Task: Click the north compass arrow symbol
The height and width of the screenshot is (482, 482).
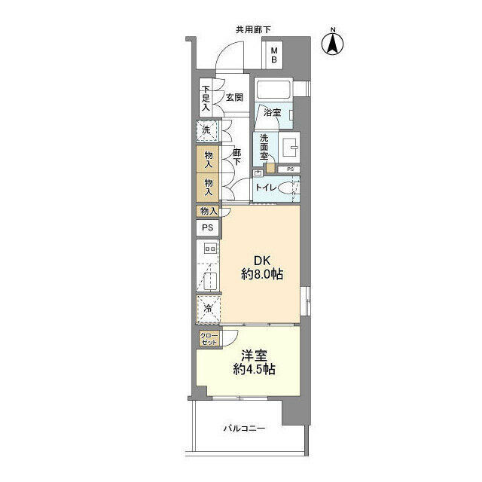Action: click(333, 44)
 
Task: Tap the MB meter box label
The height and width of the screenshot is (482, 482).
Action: click(274, 55)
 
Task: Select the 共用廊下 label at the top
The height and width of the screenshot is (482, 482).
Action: click(253, 30)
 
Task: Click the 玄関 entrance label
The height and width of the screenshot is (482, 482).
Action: click(234, 97)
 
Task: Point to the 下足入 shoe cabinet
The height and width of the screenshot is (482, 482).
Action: click(206, 98)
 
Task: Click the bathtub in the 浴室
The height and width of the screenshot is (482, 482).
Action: click(273, 90)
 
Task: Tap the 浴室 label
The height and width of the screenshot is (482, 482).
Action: click(272, 112)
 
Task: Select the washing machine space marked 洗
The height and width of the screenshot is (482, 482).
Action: click(207, 130)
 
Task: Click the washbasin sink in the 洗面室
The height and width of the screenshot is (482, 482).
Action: click(289, 148)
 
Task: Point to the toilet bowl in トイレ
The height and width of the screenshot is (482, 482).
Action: click(286, 188)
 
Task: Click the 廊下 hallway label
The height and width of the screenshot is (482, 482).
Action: click(236, 157)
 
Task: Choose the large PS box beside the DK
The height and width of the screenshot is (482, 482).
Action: click(208, 227)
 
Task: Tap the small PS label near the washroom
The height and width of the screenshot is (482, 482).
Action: click(290, 169)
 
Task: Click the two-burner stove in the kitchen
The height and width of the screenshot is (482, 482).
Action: click(211, 248)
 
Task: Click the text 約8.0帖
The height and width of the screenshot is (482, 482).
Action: click(262, 274)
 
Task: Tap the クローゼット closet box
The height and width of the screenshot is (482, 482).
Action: click(209, 339)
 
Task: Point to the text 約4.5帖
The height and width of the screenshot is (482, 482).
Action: click(254, 369)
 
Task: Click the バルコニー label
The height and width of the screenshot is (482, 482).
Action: click(244, 429)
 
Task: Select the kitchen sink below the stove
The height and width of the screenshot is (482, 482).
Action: click(211, 281)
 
